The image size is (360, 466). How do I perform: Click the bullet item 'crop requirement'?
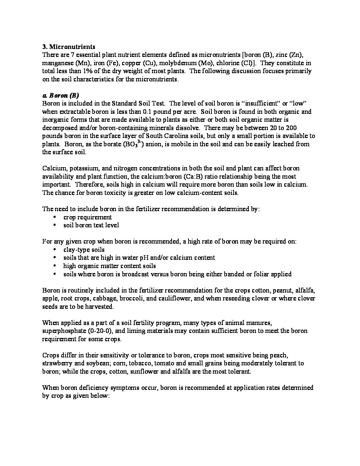(x=88, y=217)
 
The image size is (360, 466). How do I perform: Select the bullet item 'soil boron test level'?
(x=91, y=225)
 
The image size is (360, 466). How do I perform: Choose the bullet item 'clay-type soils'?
(x=84, y=250)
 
